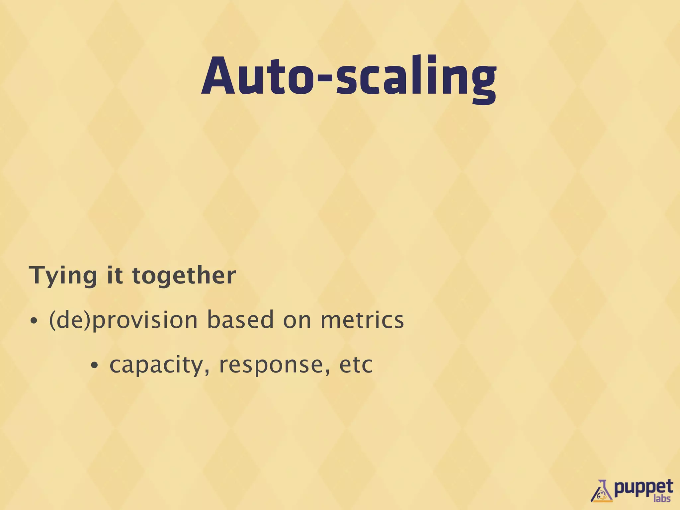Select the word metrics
pos(362,319)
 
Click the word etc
pos(356,365)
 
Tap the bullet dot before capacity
pos(95,366)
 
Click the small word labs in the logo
pos(662,498)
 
